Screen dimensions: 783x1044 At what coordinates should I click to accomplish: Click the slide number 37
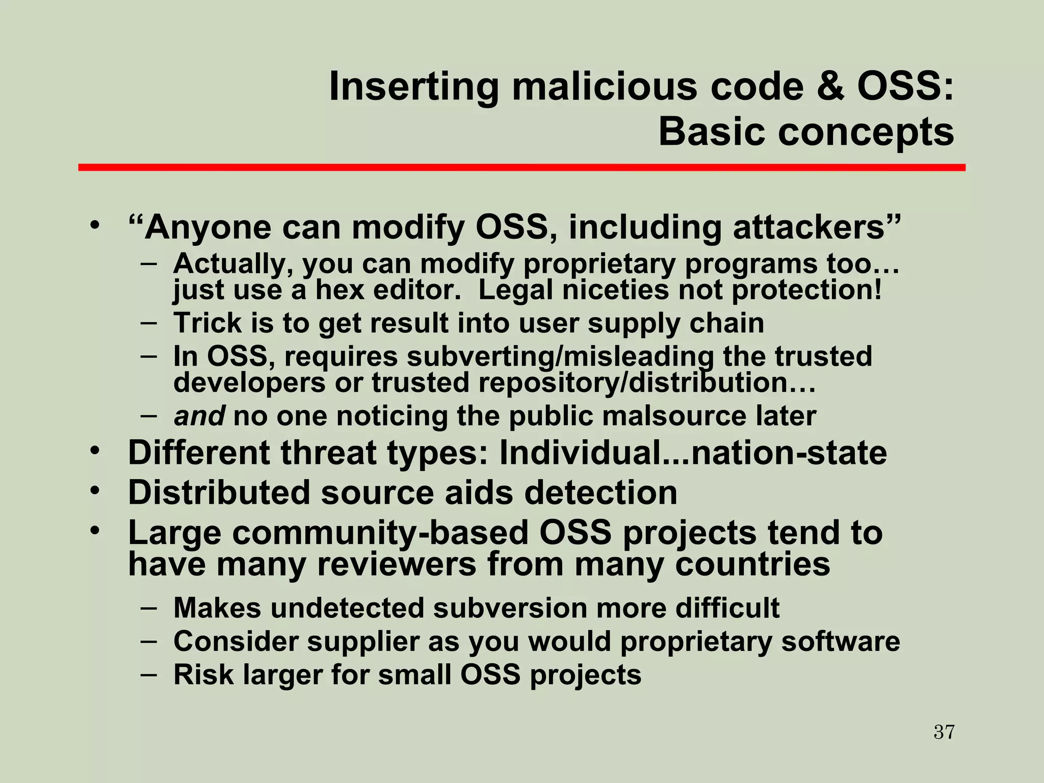click(x=944, y=732)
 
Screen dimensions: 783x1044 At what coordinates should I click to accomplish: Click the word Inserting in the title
click(x=413, y=87)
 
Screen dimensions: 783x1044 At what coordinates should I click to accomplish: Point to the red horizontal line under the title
click(x=521, y=167)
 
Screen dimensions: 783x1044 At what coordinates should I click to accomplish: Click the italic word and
click(x=199, y=416)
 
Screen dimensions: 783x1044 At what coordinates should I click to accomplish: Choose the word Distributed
click(x=219, y=493)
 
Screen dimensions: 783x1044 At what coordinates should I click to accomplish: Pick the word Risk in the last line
click(x=203, y=675)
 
